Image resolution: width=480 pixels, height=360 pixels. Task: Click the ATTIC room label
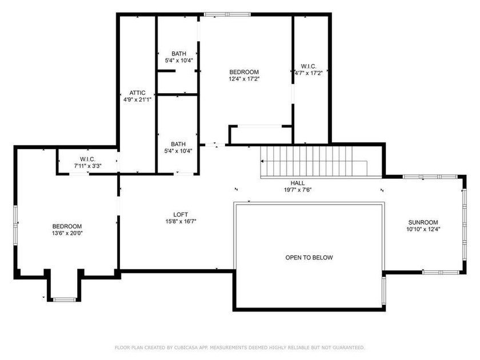click(138, 93)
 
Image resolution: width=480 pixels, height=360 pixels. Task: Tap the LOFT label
click(181, 215)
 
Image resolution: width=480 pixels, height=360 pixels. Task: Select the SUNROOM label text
click(423, 222)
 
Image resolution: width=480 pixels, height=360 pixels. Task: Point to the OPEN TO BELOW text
click(309, 258)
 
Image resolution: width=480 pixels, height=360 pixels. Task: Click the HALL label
click(298, 183)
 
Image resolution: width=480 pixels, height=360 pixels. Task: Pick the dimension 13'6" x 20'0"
click(67, 233)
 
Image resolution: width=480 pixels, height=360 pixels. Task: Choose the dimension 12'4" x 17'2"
click(244, 79)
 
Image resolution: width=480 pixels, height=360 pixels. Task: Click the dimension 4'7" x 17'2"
click(309, 73)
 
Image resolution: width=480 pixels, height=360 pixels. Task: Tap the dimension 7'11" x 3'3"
click(88, 166)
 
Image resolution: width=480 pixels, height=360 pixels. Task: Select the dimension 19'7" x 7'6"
click(298, 190)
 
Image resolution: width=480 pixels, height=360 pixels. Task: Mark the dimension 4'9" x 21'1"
click(138, 99)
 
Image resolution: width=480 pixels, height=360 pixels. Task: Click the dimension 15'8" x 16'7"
click(181, 221)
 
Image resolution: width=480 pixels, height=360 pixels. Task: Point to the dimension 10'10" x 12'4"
click(423, 229)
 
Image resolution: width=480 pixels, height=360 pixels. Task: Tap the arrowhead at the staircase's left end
click(262, 161)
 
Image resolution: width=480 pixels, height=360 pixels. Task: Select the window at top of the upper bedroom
click(227, 14)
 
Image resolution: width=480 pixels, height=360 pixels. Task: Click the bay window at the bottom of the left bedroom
click(64, 299)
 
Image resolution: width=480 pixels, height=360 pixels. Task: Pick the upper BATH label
click(179, 54)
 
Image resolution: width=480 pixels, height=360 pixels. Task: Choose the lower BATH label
click(178, 144)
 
